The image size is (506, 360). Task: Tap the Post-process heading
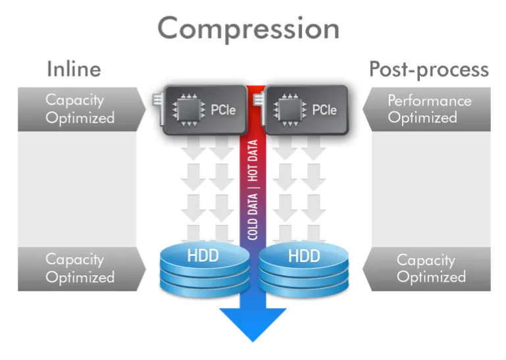[x=428, y=70]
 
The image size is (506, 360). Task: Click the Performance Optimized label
[x=429, y=109]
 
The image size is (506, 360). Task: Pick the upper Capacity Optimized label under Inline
[x=80, y=109]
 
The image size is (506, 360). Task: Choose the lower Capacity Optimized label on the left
[x=80, y=268]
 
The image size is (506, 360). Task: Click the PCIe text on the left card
[x=220, y=110]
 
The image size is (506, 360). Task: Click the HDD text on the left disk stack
[x=203, y=255]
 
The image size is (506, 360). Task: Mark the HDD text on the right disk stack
[x=304, y=255]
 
